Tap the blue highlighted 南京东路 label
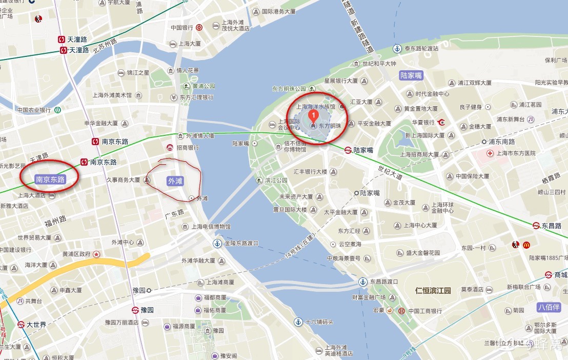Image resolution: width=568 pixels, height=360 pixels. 50,179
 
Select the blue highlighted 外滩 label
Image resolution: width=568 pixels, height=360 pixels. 175,181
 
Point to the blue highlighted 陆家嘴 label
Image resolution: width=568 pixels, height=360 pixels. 411,75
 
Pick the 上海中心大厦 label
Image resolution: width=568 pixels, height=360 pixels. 420,225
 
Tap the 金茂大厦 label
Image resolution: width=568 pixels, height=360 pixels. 404,203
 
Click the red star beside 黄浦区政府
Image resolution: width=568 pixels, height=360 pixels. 96,254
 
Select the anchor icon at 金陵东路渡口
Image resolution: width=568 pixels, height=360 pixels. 218,243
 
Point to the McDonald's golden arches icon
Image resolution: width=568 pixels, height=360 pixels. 526,245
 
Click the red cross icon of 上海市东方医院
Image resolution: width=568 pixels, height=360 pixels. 491,153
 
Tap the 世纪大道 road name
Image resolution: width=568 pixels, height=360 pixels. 391,172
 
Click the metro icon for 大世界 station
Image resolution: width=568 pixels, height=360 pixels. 21,324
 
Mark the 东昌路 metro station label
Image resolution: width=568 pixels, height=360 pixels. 551,225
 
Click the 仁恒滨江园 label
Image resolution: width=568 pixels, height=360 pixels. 433,291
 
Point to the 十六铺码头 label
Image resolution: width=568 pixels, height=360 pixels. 319,322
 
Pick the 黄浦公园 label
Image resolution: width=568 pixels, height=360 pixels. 204,86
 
